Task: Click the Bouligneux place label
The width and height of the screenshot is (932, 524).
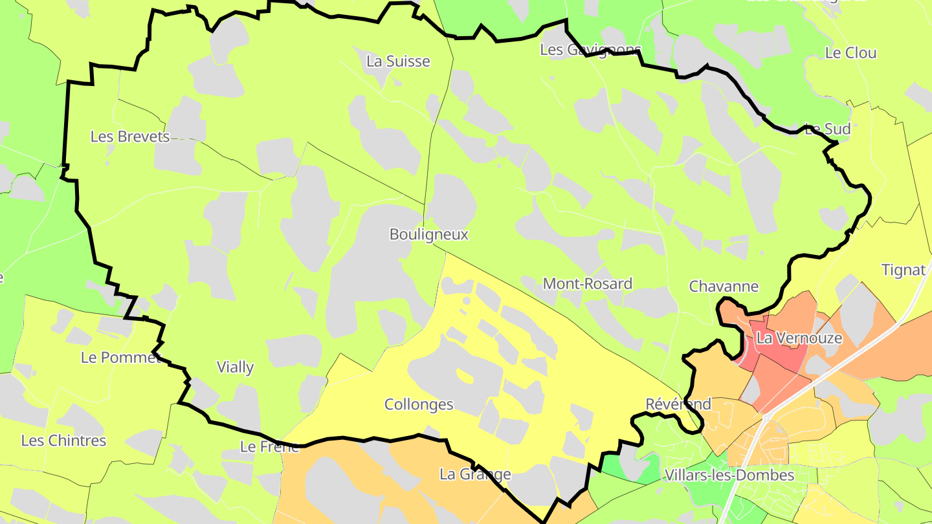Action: [x=428, y=234]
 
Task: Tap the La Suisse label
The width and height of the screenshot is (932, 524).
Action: [x=398, y=61]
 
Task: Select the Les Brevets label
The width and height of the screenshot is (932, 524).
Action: [x=130, y=136]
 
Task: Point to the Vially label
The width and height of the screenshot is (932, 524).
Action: [x=235, y=367]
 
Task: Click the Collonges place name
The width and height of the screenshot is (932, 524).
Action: [x=419, y=405]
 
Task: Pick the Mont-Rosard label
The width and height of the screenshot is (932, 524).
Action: [x=587, y=283]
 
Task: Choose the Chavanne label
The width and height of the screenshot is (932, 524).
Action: [x=724, y=287]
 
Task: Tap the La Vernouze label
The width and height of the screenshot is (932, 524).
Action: [x=799, y=338]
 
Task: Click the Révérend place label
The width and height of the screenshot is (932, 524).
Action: [x=678, y=404]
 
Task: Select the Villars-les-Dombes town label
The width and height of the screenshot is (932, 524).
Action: [x=729, y=475]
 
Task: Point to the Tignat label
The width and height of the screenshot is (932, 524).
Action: [x=904, y=270]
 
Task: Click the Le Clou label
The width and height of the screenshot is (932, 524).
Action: [x=851, y=53]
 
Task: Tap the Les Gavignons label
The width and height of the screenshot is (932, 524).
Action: [x=590, y=50]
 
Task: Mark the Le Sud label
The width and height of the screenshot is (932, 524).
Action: [x=828, y=129]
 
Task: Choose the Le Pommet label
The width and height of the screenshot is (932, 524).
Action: [x=120, y=357]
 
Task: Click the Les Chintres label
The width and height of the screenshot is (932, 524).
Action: [x=63, y=441]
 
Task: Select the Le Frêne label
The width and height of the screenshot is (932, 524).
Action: [x=269, y=446]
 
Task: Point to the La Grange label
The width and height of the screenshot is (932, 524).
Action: [x=475, y=474]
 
